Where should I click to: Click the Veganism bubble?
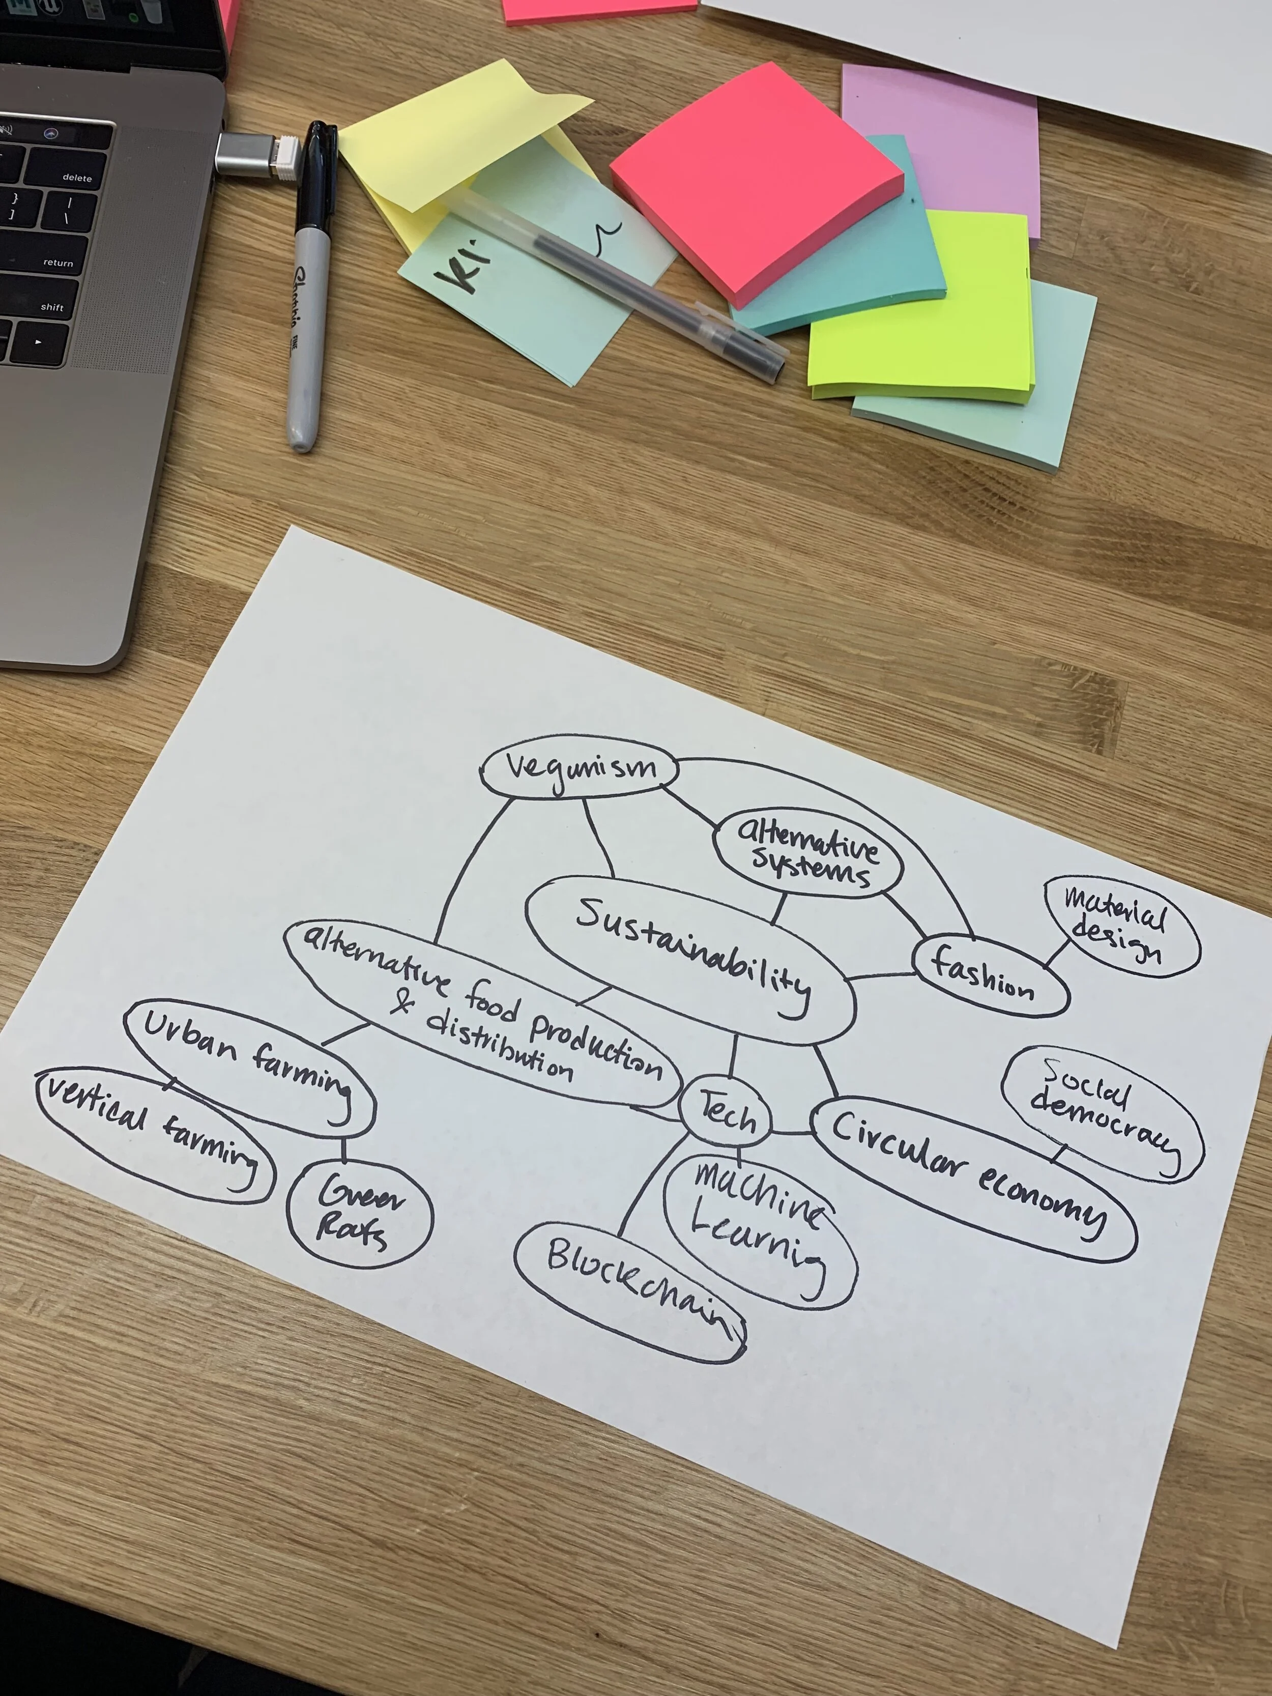pyautogui.click(x=580, y=768)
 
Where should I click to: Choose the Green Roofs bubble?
pyautogui.click(x=359, y=1212)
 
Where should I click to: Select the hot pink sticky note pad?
pyautogui.click(x=755, y=180)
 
